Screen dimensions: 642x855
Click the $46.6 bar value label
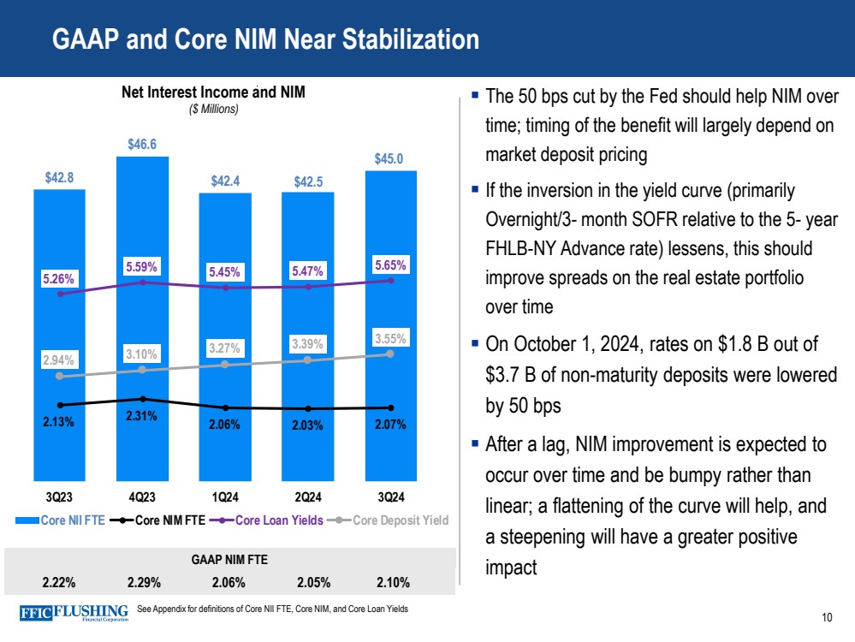[x=142, y=145]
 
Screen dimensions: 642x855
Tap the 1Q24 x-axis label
[x=225, y=497]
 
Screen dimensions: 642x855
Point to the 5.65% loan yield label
[x=391, y=265]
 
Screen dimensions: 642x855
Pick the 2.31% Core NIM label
[x=142, y=417]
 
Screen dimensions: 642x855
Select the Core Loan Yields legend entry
[x=274, y=519]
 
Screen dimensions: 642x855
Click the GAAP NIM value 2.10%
[x=392, y=583]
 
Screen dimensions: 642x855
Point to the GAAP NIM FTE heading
[x=228, y=561]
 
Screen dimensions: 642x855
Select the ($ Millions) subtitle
[x=213, y=110]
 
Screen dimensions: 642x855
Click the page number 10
[x=827, y=618]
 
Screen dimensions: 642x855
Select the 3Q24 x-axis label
[x=391, y=497]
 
